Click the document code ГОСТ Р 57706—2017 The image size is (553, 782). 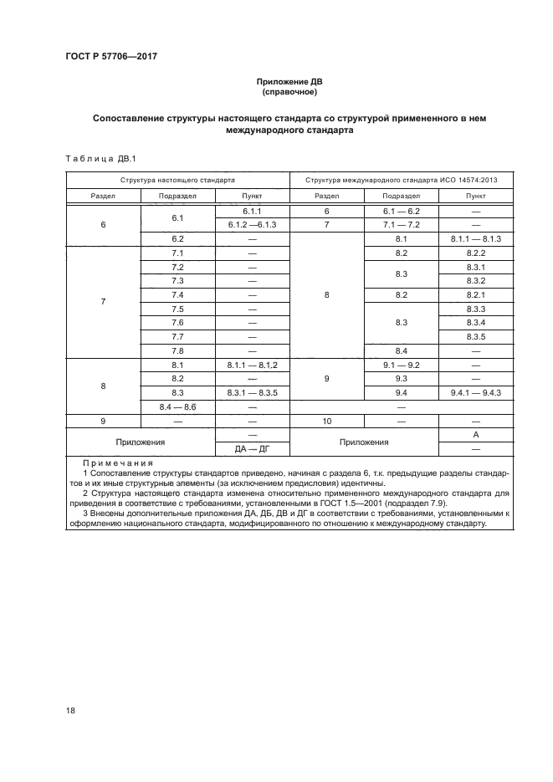pos(111,57)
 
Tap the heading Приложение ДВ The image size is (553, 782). pos(288,83)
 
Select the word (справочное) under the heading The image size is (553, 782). pos(288,93)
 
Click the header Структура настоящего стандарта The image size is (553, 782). pos(177,180)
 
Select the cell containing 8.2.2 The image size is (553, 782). pos(474,253)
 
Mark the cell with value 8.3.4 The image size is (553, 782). pos(474,323)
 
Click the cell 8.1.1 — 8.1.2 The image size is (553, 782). pos(252,365)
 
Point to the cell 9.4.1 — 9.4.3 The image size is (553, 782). pos(474,392)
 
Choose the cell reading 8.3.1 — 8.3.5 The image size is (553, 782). pos(252,392)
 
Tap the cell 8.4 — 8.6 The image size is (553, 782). pos(177,406)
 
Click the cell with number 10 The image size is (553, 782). pos(325,421)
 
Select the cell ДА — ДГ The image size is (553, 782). pos(252,448)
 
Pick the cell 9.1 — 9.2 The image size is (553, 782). pos(400,365)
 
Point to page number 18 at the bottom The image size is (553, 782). pos(70,710)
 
